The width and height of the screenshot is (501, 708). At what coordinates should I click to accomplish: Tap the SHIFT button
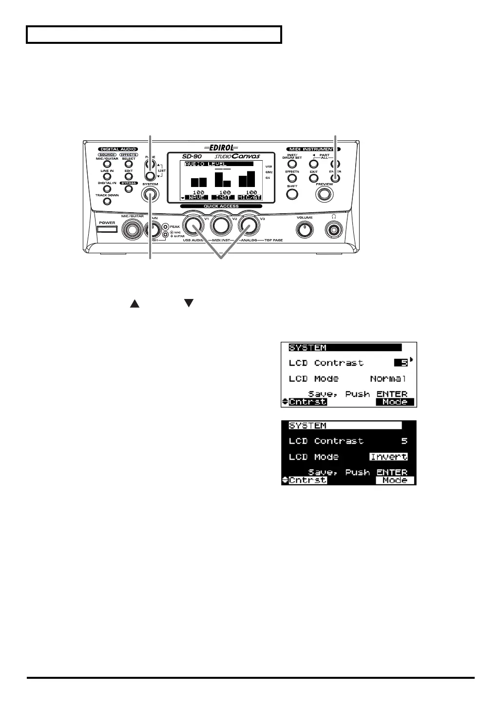coord(292,194)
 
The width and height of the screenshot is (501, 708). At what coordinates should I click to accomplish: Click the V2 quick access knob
coord(222,225)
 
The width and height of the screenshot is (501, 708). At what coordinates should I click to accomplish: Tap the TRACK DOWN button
coord(107,202)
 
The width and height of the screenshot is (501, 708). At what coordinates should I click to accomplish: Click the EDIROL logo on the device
coord(221,147)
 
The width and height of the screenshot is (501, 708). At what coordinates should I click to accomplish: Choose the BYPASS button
coord(129,189)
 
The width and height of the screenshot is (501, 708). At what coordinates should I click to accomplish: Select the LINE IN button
coord(107,177)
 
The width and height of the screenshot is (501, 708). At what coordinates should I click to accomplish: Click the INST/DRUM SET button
coord(292,164)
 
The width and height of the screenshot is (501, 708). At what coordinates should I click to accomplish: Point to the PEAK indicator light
coord(166,226)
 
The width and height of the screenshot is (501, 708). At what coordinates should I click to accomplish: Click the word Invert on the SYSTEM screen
coord(388,457)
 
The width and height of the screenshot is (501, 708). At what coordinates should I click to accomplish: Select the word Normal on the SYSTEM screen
coord(388,378)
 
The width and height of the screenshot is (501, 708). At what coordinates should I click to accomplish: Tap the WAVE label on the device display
coord(197,198)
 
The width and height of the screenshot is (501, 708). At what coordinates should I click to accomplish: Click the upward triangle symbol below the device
coord(135,304)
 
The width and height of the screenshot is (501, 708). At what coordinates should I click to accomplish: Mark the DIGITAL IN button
coord(107,189)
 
